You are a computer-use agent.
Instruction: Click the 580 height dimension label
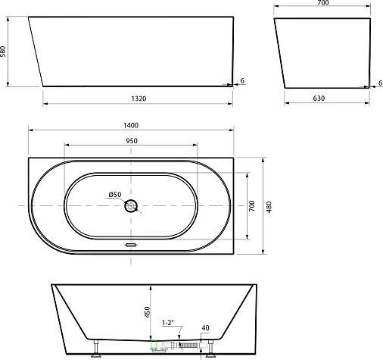pyautogui.click(x=3, y=52)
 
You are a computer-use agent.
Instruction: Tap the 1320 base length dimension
pyautogui.click(x=139, y=99)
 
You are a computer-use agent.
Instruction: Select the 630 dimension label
pyautogui.click(x=319, y=99)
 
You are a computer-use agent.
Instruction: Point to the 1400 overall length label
pyautogui.click(x=131, y=125)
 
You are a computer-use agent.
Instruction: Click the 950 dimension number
pyautogui.click(x=132, y=141)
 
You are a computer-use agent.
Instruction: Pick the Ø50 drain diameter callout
pyautogui.click(x=115, y=195)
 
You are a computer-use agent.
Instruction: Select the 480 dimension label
pyautogui.click(x=269, y=207)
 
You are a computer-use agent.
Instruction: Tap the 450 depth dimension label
pyautogui.click(x=147, y=312)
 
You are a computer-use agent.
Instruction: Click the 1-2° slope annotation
pyautogui.click(x=168, y=323)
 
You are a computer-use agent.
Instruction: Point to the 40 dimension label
pyautogui.click(x=206, y=328)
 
